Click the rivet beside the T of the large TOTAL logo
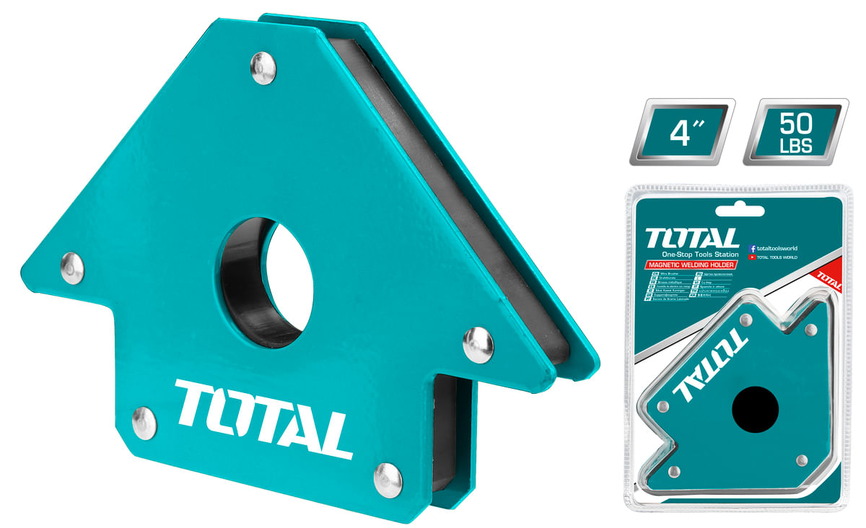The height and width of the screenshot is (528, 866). (144, 421)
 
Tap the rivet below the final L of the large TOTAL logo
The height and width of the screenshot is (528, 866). (388, 478)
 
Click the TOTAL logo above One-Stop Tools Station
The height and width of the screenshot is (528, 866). (692, 239)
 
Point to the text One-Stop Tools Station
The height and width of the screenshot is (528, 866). (700, 255)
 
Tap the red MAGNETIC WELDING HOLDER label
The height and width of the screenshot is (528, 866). (691, 266)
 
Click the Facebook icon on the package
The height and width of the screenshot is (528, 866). (753, 247)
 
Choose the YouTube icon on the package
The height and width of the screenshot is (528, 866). (753, 257)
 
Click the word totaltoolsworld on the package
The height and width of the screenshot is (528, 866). (778, 247)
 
